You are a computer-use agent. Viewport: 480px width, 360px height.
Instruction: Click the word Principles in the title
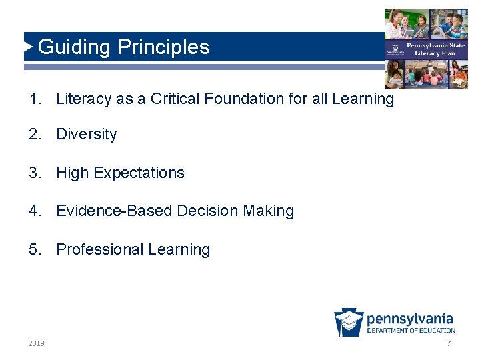(x=164, y=47)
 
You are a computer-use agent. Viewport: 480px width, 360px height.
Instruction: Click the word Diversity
(x=87, y=135)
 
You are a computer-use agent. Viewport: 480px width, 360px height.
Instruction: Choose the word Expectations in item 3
(x=139, y=173)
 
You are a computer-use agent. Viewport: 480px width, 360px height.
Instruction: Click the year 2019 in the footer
(x=37, y=343)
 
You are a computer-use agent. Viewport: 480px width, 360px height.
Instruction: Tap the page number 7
(x=449, y=343)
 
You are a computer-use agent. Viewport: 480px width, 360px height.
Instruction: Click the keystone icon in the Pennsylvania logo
(x=349, y=323)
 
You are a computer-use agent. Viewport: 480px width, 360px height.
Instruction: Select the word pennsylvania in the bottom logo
(x=410, y=319)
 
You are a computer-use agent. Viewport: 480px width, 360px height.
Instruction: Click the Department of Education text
(x=411, y=331)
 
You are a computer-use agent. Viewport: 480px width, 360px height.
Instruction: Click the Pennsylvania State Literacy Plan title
(x=430, y=49)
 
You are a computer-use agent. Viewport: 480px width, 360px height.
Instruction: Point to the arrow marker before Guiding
(x=28, y=47)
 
